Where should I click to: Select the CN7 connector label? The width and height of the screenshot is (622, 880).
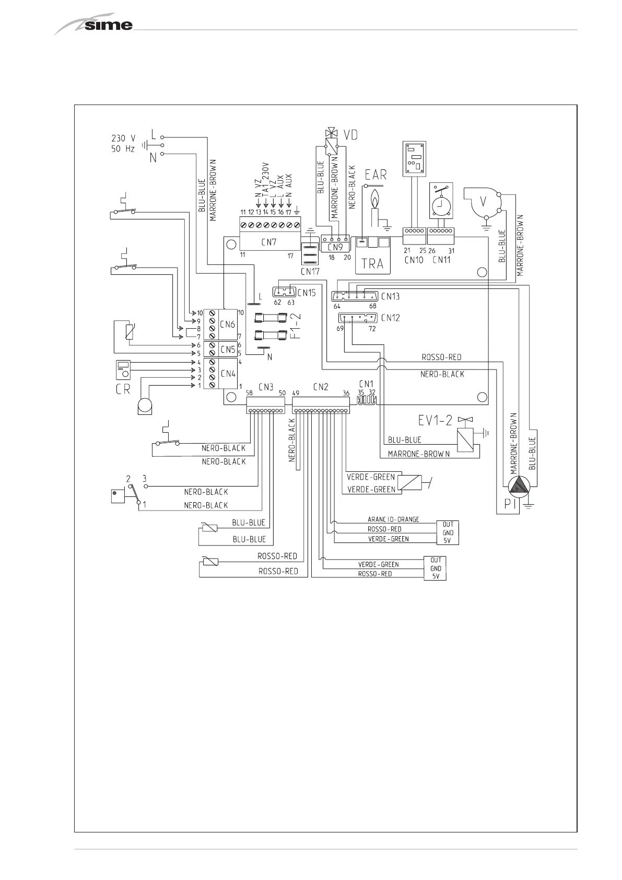pyautogui.click(x=269, y=242)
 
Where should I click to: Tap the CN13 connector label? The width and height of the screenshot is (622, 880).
pyautogui.click(x=390, y=296)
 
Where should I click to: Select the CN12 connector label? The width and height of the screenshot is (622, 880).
pyautogui.click(x=390, y=317)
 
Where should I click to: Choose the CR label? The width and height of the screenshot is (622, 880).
pyautogui.click(x=123, y=389)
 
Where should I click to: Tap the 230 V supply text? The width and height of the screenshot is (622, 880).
pyautogui.click(x=123, y=138)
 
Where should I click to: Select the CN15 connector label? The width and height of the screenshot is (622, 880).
pyautogui.click(x=307, y=293)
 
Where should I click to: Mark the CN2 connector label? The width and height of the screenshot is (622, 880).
pyautogui.click(x=320, y=387)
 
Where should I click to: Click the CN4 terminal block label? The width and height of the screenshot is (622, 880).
pyautogui.click(x=228, y=374)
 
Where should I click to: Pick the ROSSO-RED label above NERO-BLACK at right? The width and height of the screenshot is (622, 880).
pyautogui.click(x=441, y=357)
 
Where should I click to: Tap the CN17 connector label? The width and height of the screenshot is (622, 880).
pyautogui.click(x=310, y=271)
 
